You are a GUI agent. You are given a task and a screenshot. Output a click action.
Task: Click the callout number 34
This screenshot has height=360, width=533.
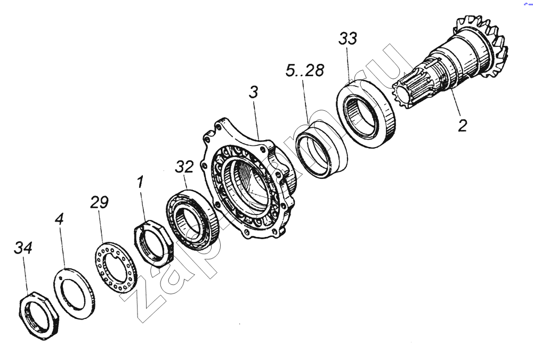23,248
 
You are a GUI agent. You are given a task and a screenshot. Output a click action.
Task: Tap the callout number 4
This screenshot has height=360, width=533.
59,219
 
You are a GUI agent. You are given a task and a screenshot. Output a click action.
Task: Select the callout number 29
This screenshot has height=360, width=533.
99,202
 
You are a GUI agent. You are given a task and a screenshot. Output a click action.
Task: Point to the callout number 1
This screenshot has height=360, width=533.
140,182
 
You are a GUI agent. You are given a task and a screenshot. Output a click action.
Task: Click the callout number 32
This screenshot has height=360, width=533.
184,167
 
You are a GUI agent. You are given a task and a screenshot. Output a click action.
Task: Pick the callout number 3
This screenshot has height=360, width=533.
254,92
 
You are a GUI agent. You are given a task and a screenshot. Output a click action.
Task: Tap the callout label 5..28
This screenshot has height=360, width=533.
304,71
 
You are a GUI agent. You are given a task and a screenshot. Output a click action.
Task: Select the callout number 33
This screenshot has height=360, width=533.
348,39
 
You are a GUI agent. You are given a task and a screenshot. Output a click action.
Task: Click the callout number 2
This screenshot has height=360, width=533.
462,126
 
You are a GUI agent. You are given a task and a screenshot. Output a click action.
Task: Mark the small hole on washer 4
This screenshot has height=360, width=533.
61,278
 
